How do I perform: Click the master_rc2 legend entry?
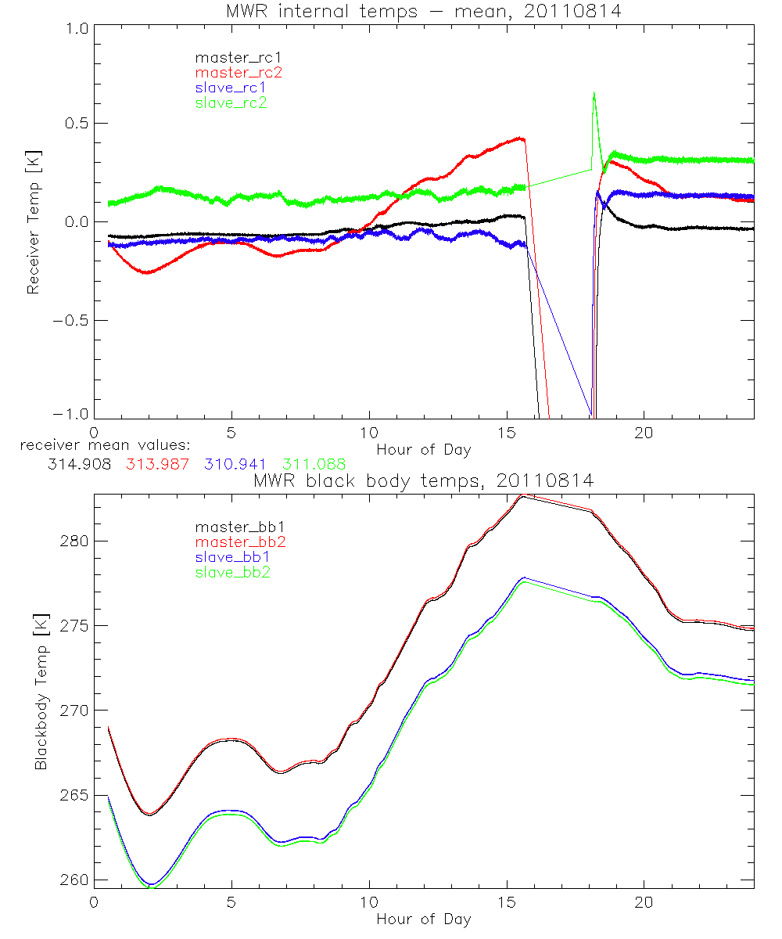239,73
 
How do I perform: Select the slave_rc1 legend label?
231,88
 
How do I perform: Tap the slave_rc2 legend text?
231,103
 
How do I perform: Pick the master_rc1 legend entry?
239,58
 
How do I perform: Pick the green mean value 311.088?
314,464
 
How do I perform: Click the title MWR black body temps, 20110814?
423,481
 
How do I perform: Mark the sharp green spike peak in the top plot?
594,93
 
